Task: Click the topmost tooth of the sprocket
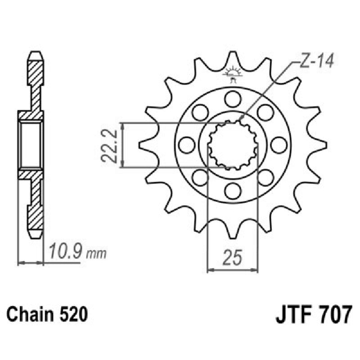(x=233, y=58)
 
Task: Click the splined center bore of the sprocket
(x=233, y=145)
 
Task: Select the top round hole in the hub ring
(x=233, y=99)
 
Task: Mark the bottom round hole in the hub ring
(x=233, y=191)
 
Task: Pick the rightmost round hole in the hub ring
(x=279, y=145)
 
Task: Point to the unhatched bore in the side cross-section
(x=31, y=145)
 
